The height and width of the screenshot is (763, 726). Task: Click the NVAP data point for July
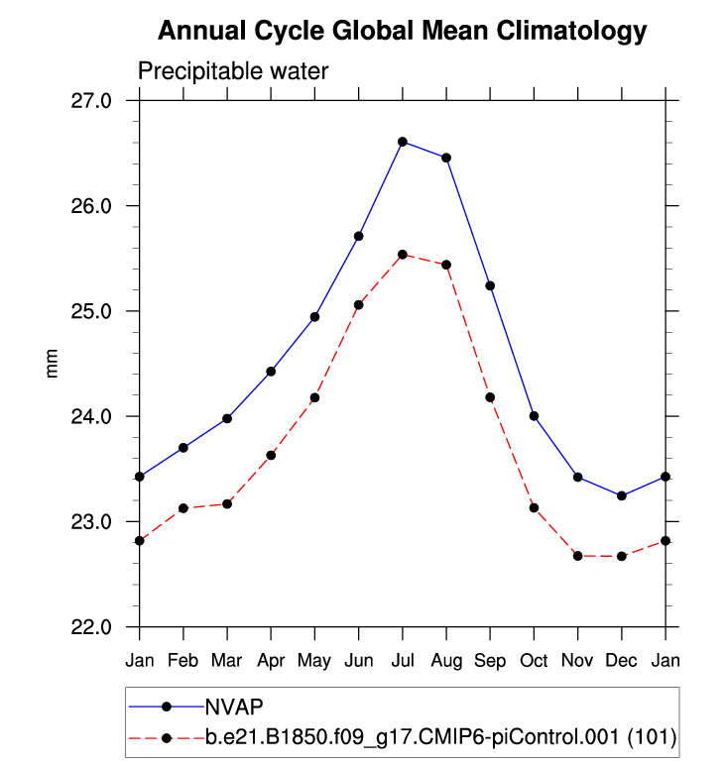tap(403, 142)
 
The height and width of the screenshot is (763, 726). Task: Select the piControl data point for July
tap(403, 255)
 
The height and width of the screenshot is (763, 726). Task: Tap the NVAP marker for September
tap(490, 285)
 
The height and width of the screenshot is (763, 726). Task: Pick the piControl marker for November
tap(577, 556)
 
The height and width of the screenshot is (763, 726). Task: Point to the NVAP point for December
tap(621, 495)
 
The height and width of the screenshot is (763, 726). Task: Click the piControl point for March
tap(227, 504)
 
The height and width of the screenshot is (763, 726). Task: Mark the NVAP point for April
tap(271, 371)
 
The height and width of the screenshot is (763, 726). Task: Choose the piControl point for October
tap(534, 507)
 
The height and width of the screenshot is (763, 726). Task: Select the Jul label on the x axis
tap(403, 659)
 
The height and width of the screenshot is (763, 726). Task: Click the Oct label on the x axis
tap(534, 659)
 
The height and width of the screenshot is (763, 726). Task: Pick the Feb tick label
tap(183, 659)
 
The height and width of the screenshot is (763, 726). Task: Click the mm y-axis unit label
tap(53, 364)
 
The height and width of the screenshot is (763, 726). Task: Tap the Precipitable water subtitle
tap(232, 71)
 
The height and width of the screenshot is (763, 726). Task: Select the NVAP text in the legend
tap(233, 707)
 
